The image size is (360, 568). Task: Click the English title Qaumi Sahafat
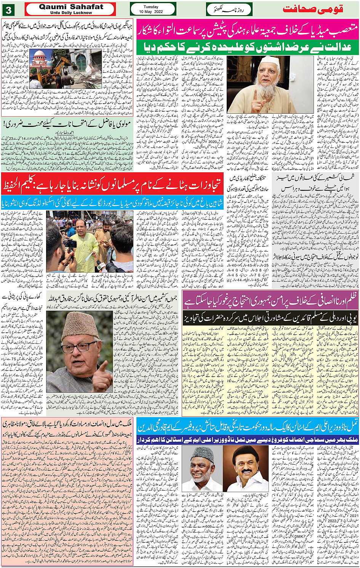[71, 6]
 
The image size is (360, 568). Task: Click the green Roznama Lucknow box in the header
[229, 9]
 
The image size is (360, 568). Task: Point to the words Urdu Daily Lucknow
[71, 13]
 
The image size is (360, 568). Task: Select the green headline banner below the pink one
[248, 47]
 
